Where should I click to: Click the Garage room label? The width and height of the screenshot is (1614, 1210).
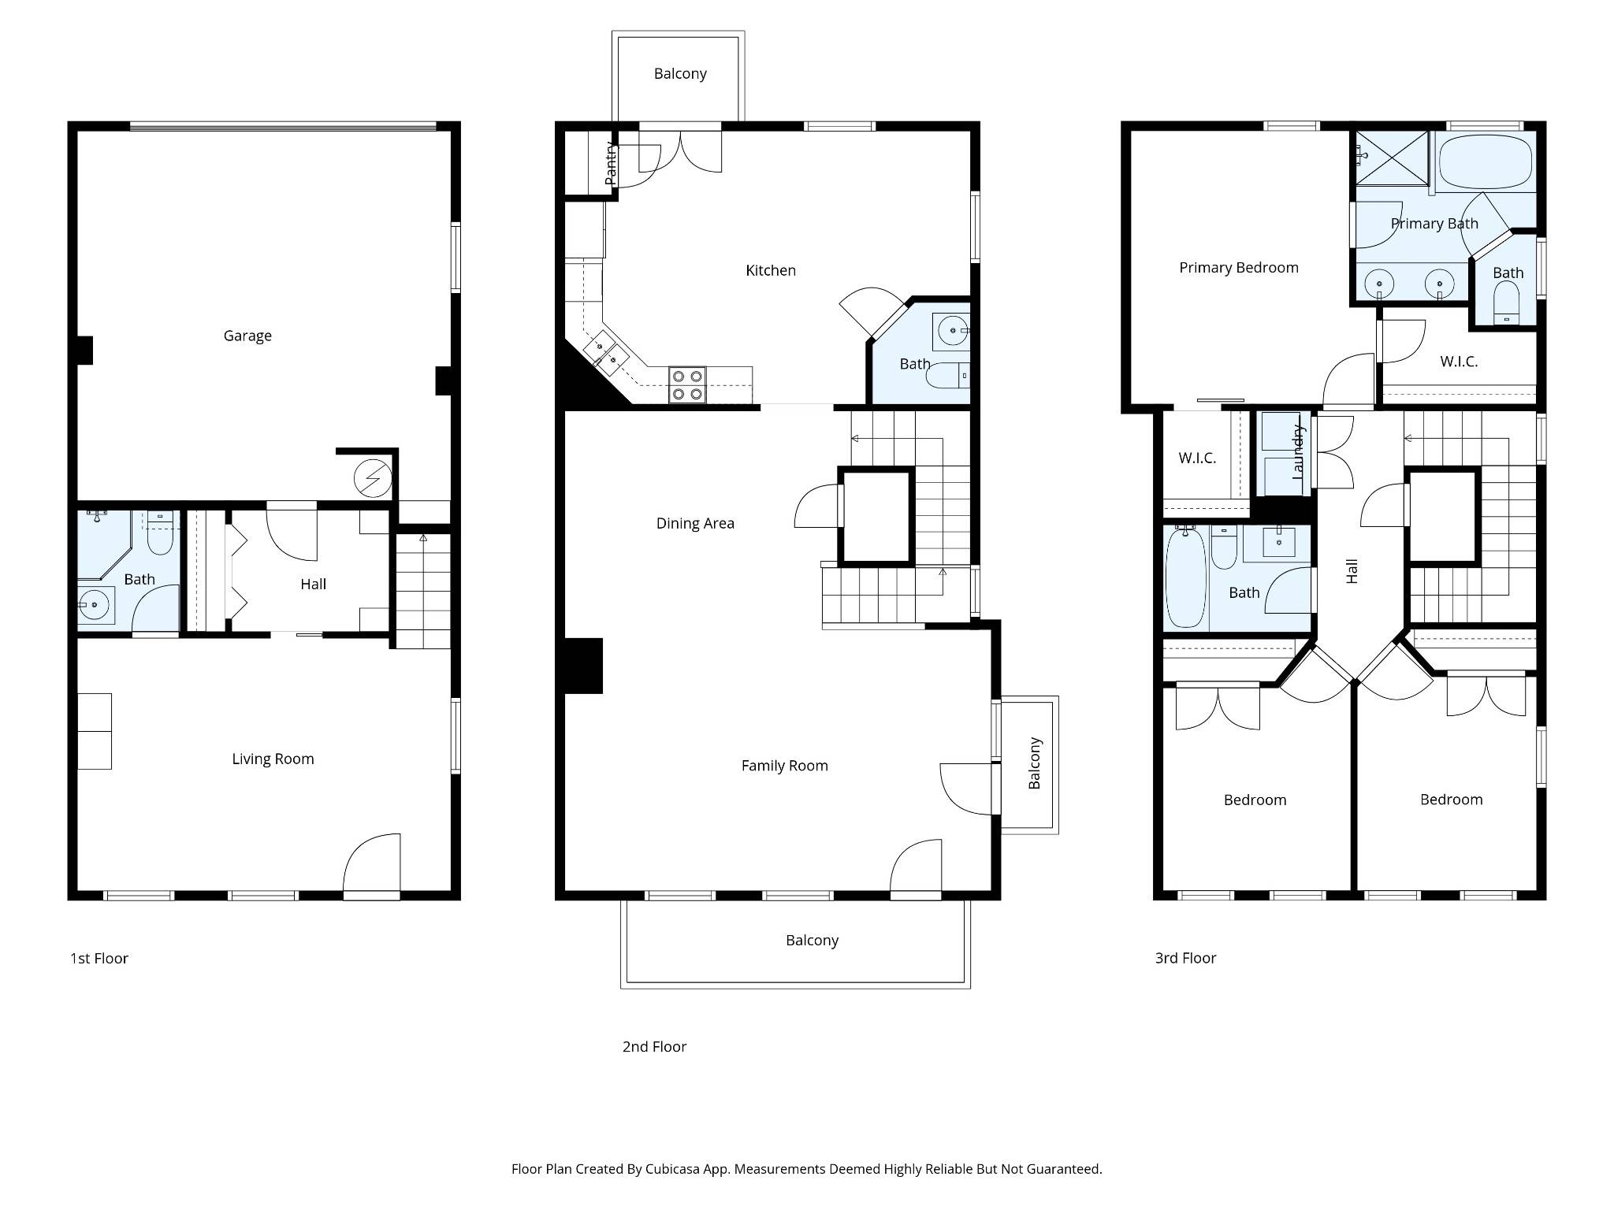(247, 336)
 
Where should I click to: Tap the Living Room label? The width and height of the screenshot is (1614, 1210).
(273, 759)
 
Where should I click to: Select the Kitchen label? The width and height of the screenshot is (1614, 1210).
(771, 270)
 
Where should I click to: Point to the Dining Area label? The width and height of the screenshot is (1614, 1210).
(695, 523)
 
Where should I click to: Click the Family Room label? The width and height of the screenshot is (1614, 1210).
(785, 766)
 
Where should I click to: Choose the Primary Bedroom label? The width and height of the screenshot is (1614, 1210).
(1239, 268)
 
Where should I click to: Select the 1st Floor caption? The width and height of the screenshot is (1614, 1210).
(99, 958)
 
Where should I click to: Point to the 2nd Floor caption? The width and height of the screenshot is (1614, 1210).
(654, 1046)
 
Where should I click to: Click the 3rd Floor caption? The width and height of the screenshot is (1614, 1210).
(1185, 958)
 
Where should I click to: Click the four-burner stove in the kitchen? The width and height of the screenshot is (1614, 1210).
(687, 385)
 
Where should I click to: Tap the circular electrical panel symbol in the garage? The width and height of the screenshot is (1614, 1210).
(372, 478)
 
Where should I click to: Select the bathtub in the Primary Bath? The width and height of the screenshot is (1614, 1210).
(1486, 161)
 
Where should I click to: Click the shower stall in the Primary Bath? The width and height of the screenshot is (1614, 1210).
(1392, 158)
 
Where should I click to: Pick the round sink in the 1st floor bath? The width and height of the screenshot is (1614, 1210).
(94, 604)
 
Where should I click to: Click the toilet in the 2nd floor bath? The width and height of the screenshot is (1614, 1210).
(946, 376)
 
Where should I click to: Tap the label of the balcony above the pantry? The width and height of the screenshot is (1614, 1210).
(680, 73)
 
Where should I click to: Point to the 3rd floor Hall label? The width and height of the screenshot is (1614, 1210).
(1352, 571)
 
